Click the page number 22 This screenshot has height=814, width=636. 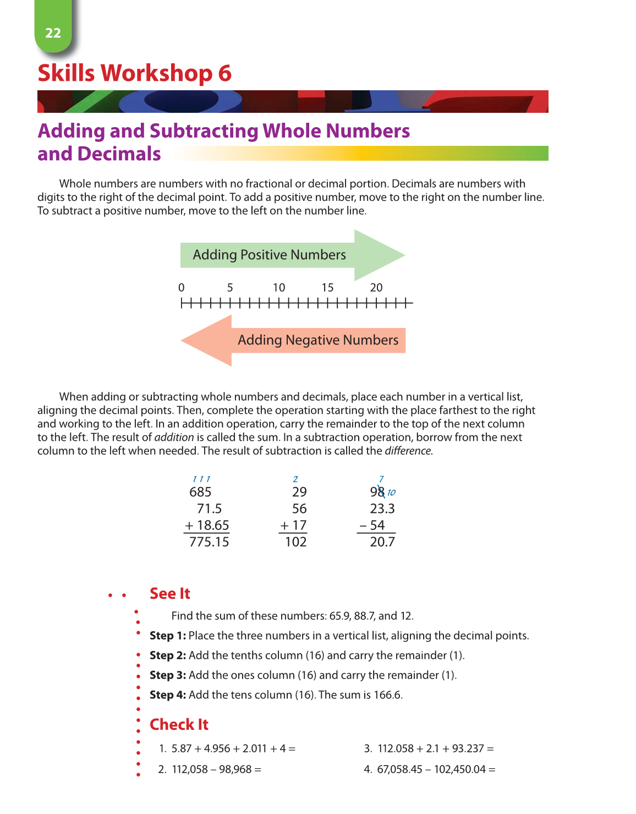[53, 33]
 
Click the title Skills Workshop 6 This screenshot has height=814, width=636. [134, 73]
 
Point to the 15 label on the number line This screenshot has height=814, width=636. [327, 287]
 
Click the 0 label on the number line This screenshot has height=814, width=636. [182, 287]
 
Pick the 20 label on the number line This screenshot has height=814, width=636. [376, 287]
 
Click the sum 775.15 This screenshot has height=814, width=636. [209, 542]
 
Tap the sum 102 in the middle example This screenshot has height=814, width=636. [295, 542]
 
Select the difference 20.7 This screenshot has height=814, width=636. [382, 542]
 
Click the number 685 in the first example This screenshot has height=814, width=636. [200, 492]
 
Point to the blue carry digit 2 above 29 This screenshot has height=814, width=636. [295, 479]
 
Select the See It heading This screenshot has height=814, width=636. [169, 593]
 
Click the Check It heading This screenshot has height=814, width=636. [179, 724]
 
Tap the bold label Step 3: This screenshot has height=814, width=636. [168, 675]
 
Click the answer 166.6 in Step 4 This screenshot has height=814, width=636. [387, 695]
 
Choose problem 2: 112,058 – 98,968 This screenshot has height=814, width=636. [210, 769]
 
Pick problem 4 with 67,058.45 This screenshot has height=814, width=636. [430, 769]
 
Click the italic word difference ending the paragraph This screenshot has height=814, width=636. [408, 451]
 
